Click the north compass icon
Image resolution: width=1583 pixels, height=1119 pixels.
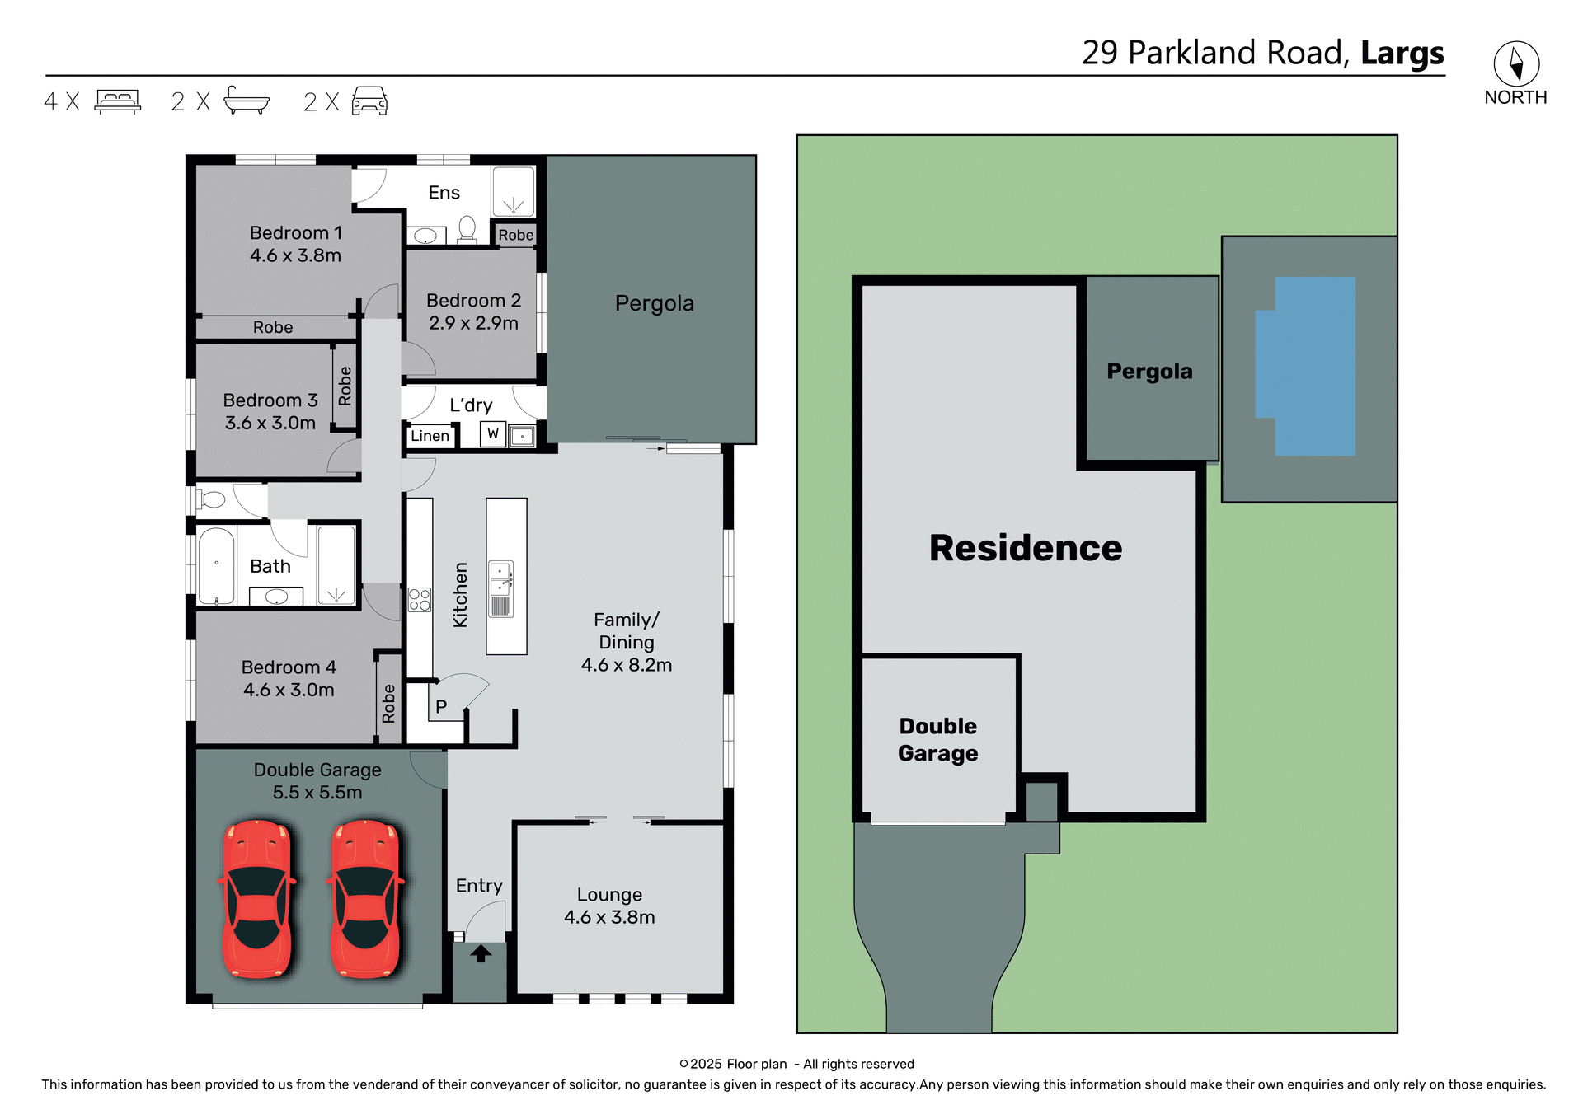[1515, 63]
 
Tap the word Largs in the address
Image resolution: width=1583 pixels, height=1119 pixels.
[1402, 54]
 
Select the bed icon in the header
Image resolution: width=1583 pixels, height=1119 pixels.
[118, 101]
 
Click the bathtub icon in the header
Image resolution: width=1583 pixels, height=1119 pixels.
[246, 101]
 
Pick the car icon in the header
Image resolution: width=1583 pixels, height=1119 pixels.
[369, 101]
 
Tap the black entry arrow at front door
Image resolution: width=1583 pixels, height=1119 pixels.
[481, 953]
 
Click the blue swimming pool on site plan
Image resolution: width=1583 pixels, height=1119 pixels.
[1311, 367]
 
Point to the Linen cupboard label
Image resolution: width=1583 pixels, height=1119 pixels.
[430, 436]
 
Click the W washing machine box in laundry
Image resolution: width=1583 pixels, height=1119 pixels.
[493, 433]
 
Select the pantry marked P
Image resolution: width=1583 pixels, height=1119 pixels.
[441, 706]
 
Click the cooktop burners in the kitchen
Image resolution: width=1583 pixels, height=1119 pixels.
[420, 599]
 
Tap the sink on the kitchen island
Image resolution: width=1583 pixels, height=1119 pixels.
[500, 578]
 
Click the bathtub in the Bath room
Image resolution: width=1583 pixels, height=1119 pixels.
[217, 566]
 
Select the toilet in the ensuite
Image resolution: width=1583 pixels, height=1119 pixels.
[467, 228]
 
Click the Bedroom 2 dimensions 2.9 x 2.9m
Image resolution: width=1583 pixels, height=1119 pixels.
[473, 323]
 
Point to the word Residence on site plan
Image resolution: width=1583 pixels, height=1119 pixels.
[1025, 548]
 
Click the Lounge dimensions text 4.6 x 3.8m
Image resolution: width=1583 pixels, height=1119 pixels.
[609, 917]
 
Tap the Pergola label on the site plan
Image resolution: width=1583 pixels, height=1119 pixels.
[1149, 371]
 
